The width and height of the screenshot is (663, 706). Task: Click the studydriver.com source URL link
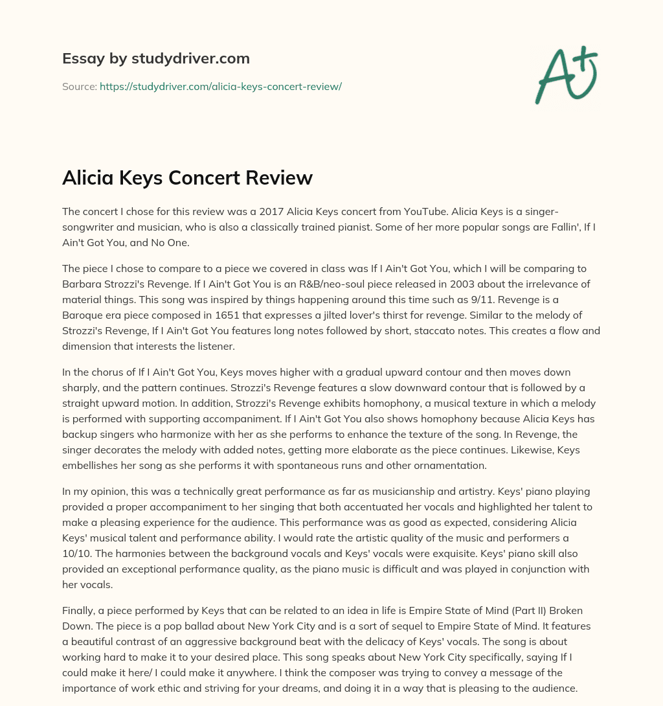(x=220, y=86)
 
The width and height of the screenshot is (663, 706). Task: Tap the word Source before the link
(x=79, y=86)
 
